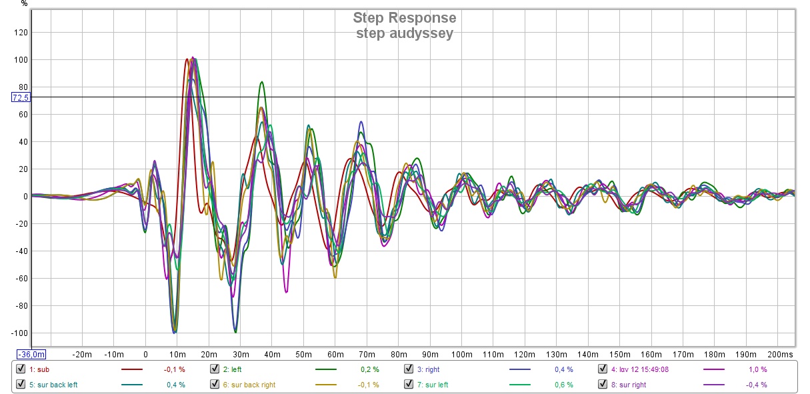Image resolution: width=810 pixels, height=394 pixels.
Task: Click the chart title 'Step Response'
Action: [x=405, y=18]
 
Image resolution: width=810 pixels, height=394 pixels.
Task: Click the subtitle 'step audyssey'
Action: [x=405, y=33]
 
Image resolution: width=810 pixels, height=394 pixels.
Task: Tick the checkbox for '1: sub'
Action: [x=21, y=369]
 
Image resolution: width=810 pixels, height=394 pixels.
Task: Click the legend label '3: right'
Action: [x=429, y=369]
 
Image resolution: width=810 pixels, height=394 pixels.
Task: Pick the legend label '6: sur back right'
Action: [x=249, y=385]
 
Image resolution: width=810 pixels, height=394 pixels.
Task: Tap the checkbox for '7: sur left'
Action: [x=409, y=385]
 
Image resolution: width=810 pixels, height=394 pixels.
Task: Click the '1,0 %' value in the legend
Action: [x=757, y=369]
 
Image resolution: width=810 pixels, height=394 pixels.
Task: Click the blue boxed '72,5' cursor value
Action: [x=21, y=97]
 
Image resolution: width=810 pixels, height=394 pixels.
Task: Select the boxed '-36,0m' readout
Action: [x=31, y=354]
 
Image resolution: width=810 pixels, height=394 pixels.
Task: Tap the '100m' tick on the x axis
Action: [x=461, y=354]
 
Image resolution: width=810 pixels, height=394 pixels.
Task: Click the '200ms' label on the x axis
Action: [x=780, y=354]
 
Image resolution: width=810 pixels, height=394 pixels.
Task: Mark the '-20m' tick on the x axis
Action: [x=83, y=354]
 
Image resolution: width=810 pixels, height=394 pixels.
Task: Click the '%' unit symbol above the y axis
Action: [x=24, y=3]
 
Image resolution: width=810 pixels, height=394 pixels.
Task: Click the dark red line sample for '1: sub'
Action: [x=132, y=369]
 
